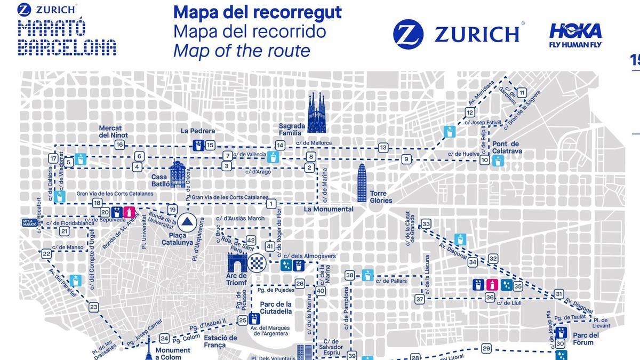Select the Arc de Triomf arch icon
236,263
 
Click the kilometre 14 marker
280,145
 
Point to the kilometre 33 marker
426,224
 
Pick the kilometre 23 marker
94,307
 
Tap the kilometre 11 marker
522,93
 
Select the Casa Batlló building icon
178,175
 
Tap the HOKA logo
575,35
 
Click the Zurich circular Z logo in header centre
408,34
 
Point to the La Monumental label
329,209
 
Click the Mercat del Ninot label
110,131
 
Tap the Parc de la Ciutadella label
276,307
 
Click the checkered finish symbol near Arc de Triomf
257,262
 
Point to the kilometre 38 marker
350,275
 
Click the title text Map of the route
242,51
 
